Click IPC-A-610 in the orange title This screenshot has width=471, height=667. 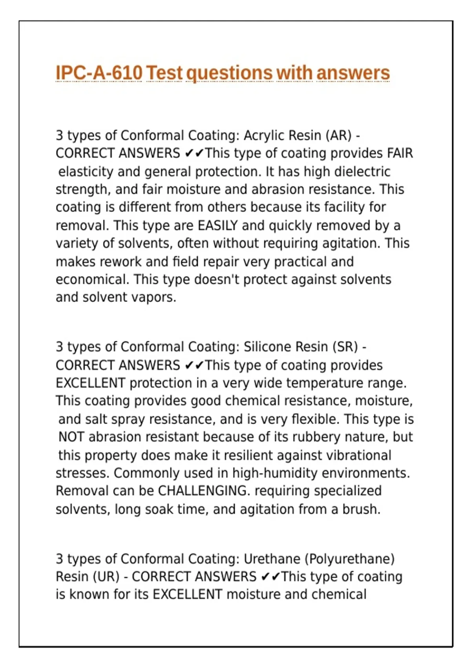pos(99,73)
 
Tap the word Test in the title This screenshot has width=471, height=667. pos(164,73)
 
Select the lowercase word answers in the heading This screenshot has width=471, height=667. pos(353,73)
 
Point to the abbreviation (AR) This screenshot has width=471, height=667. pos(338,135)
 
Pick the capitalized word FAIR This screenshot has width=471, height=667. pos(400,153)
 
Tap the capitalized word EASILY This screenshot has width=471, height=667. pos(218,226)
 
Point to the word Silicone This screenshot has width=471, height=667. pos(266,347)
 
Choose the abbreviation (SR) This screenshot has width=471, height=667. pos(345,347)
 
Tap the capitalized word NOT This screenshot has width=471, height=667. pos(72,437)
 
